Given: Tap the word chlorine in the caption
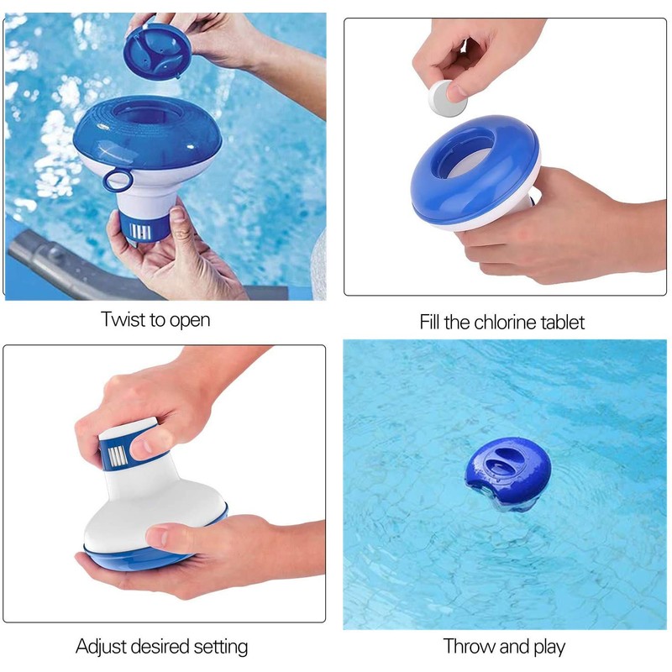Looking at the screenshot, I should point(500,323).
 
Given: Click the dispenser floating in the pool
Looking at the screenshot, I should point(502,475).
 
